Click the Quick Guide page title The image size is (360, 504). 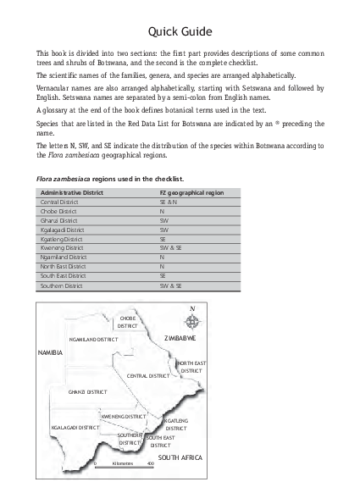(x=180, y=32)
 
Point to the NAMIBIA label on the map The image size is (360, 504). (x=51, y=351)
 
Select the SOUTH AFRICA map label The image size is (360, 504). (x=180, y=457)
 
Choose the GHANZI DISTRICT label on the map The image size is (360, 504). (x=87, y=392)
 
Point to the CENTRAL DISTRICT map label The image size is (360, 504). (x=149, y=375)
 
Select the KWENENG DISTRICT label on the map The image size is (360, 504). (x=124, y=417)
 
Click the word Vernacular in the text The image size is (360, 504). (x=52, y=88)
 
